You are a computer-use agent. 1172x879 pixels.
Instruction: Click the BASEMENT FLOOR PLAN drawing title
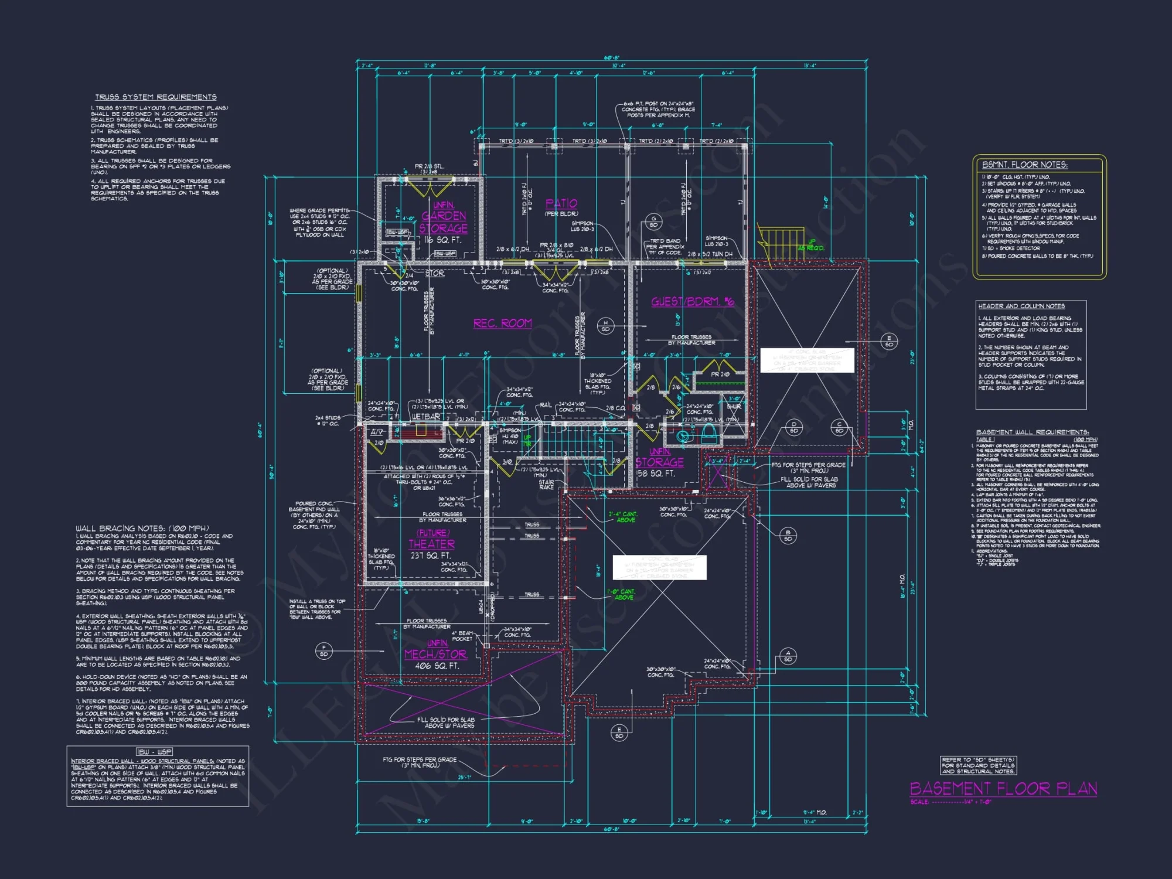click(1003, 789)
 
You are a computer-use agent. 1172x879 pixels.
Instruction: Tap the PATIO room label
click(561, 203)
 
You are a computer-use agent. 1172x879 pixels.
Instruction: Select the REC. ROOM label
click(503, 323)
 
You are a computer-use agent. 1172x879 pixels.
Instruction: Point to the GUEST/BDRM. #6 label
click(693, 302)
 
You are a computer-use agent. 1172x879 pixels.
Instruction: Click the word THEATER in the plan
click(432, 544)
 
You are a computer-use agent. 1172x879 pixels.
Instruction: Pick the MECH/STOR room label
click(435, 655)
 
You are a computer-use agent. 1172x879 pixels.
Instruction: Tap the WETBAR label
click(426, 417)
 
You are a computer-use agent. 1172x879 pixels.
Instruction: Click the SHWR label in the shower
click(734, 406)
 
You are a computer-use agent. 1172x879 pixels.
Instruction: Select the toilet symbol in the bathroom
click(708, 434)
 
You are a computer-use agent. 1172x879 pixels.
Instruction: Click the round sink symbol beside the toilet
click(683, 437)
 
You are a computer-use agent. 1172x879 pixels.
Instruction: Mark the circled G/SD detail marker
click(653, 222)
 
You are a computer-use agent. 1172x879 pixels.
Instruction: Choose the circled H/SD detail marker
click(605, 326)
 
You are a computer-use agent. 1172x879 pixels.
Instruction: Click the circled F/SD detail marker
click(324, 650)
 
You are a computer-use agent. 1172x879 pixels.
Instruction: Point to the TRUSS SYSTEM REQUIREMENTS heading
click(156, 97)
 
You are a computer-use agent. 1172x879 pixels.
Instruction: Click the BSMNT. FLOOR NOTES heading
click(1025, 165)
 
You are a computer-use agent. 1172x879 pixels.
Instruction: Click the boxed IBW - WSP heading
click(155, 752)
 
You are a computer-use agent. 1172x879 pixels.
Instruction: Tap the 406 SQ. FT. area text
click(437, 666)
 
